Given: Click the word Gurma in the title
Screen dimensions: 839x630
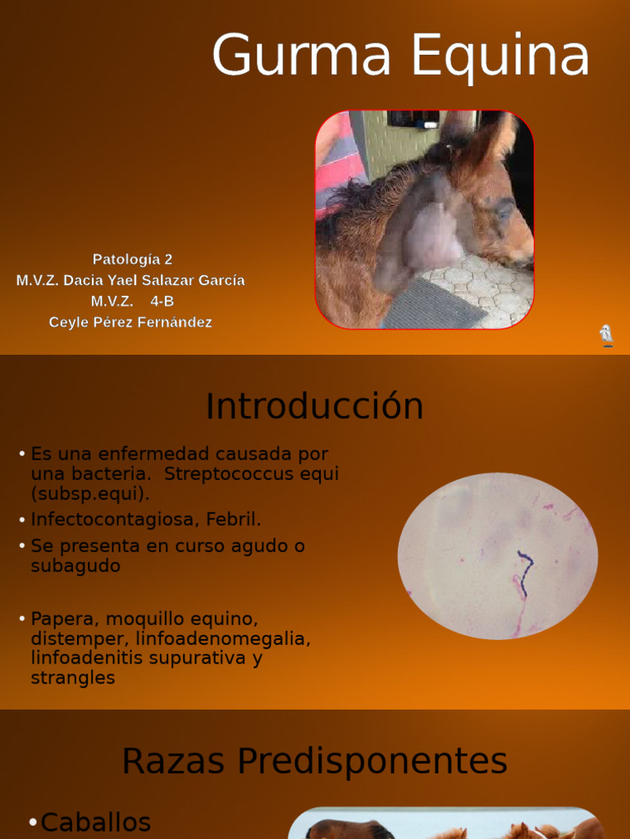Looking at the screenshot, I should (x=304, y=57).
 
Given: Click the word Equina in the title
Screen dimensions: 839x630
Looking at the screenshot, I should (x=500, y=57).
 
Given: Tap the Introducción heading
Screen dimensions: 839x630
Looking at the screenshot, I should (x=314, y=406).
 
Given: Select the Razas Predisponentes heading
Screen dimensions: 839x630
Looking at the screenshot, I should (x=314, y=761).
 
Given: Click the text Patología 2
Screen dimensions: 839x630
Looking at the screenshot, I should (x=132, y=260).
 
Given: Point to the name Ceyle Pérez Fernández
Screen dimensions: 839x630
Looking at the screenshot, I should (x=130, y=322).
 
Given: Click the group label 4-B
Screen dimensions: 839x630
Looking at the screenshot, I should (x=162, y=302).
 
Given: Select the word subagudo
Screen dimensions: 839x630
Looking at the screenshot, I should (x=75, y=566).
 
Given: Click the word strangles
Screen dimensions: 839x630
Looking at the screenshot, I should (x=73, y=678).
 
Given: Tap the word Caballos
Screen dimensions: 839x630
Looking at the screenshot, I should (x=96, y=822).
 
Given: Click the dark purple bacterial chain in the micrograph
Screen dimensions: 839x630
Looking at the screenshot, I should (x=523, y=565).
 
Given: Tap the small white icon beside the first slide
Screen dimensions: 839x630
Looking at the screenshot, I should (x=606, y=335).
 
